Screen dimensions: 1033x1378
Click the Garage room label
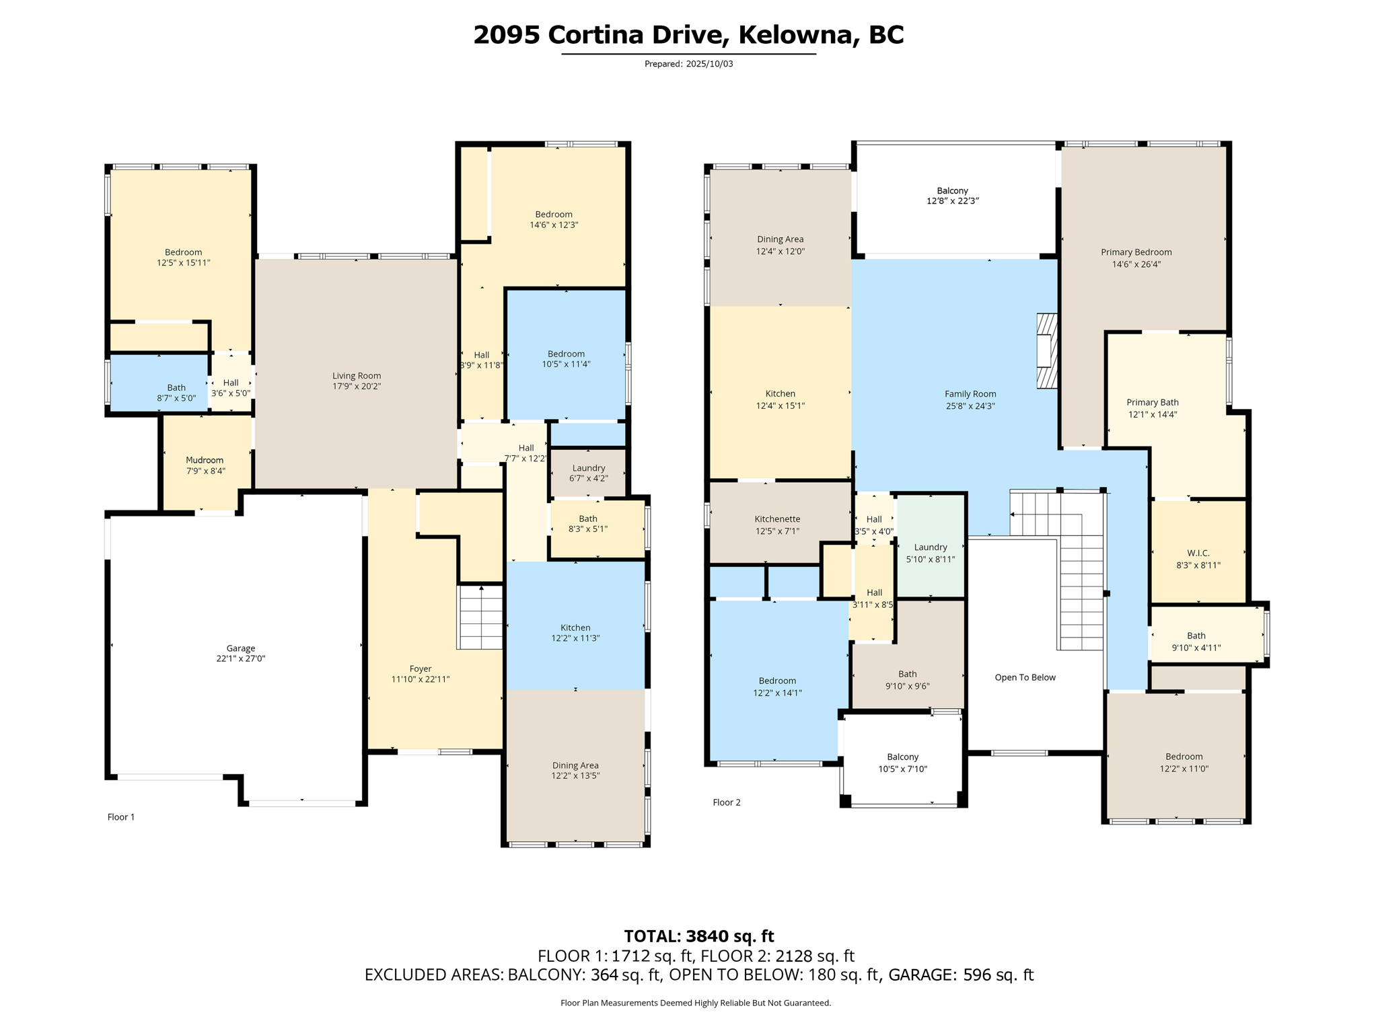tap(240, 648)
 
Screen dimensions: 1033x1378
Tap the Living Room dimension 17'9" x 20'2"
tap(357, 386)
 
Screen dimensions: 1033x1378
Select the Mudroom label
tap(205, 460)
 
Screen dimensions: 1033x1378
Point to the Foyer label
tap(421, 668)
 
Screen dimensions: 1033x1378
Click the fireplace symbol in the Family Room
tap(1046, 350)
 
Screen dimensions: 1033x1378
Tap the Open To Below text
tap(1025, 677)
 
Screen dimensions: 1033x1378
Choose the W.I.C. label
tap(1198, 553)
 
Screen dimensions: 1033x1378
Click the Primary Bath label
tap(1153, 402)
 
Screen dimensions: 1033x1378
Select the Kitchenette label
tap(777, 519)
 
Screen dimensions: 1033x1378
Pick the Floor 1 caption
tap(121, 817)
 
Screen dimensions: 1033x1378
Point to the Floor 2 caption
tap(727, 802)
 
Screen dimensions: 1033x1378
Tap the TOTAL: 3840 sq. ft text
tap(698, 936)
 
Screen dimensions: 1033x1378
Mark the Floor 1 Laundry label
tap(589, 468)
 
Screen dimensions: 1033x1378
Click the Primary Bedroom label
tap(1136, 252)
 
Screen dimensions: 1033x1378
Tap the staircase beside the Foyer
tap(480, 617)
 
